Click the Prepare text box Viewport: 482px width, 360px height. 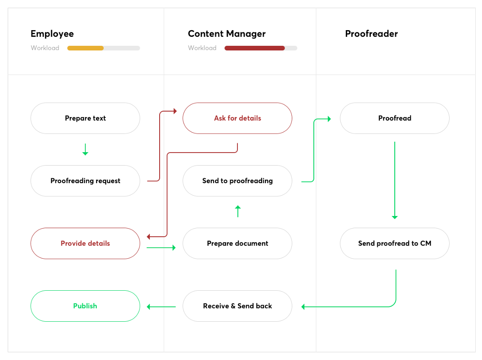tap(85, 118)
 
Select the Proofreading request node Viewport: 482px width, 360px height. tap(85, 181)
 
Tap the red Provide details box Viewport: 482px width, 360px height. tap(85, 243)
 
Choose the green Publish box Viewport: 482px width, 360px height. tap(85, 306)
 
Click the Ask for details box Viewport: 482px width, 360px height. tap(237, 118)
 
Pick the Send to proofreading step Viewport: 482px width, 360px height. tap(237, 181)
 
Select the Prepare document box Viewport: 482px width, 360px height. tap(237, 243)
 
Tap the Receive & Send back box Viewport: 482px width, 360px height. tap(237, 306)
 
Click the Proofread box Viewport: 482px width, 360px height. tap(394, 118)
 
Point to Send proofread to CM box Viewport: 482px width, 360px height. tap(394, 243)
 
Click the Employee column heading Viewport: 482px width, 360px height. tap(52, 34)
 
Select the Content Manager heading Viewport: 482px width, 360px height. tap(227, 34)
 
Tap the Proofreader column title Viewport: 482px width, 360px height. tap(371, 34)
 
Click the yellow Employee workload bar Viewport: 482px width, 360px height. tap(85, 48)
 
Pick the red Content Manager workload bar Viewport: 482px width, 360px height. tap(254, 48)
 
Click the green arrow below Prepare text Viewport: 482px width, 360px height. tap(85, 150)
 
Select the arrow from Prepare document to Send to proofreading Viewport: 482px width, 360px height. tap(238, 211)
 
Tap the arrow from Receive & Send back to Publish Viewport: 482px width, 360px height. tap(161, 307)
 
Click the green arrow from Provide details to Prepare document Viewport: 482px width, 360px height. tap(161, 247)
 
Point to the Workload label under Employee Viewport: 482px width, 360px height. tap(45, 48)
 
